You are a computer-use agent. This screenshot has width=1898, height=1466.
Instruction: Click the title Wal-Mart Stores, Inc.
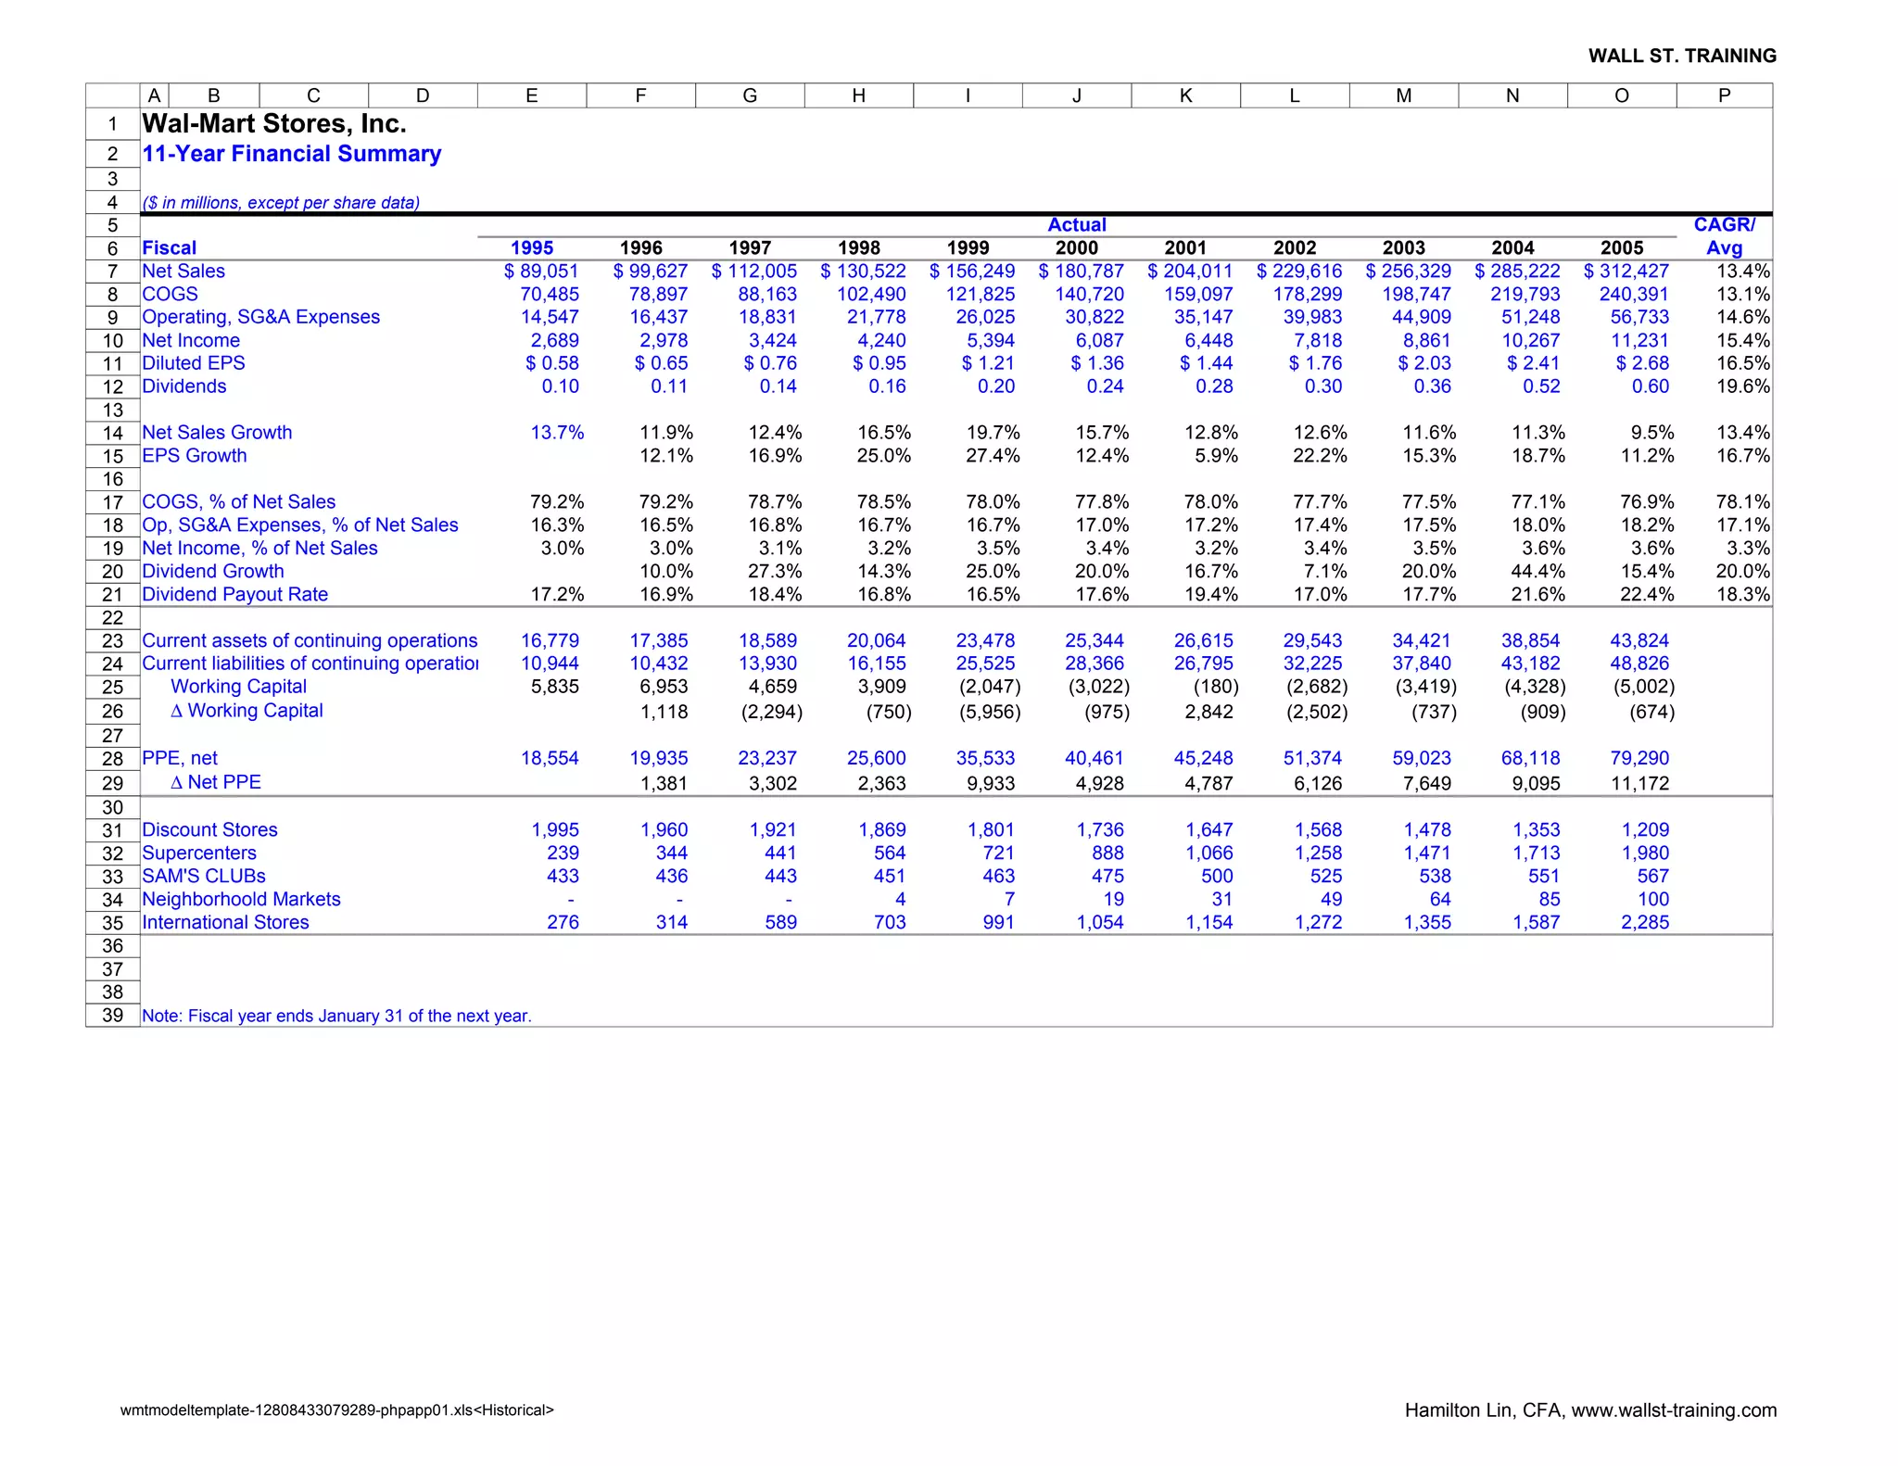[x=273, y=123]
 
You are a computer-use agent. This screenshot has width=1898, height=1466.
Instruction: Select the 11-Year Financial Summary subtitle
[x=291, y=154]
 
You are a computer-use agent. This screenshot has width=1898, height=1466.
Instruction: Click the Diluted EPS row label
[x=193, y=363]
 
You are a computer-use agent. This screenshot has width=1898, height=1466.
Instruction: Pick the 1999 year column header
[x=968, y=248]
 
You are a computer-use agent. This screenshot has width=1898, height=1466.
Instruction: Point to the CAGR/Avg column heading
[x=1724, y=236]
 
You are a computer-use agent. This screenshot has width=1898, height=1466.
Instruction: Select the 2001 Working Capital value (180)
[x=1215, y=687]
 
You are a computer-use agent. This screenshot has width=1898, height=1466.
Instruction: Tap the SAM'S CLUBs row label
[x=203, y=877]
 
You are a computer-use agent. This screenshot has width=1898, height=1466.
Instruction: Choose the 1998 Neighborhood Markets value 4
[x=900, y=900]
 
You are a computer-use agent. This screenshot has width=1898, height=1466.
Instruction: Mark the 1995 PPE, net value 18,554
[x=550, y=759]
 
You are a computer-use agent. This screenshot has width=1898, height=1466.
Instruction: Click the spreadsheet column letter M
[x=1403, y=95]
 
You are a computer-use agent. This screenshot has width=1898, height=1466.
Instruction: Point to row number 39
[x=112, y=1016]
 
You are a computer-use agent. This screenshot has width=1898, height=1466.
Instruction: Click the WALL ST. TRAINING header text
[x=1682, y=56]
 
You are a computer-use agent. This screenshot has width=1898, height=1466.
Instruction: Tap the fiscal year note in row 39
[x=336, y=1017]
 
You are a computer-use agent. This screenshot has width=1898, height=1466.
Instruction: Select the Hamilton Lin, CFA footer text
[x=1590, y=1410]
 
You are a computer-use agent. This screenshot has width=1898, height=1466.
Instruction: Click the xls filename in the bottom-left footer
[x=336, y=1410]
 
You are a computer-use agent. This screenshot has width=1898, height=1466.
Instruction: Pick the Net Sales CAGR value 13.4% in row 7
[x=1742, y=272]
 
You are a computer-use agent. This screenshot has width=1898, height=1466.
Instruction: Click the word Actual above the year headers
[x=1076, y=225]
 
